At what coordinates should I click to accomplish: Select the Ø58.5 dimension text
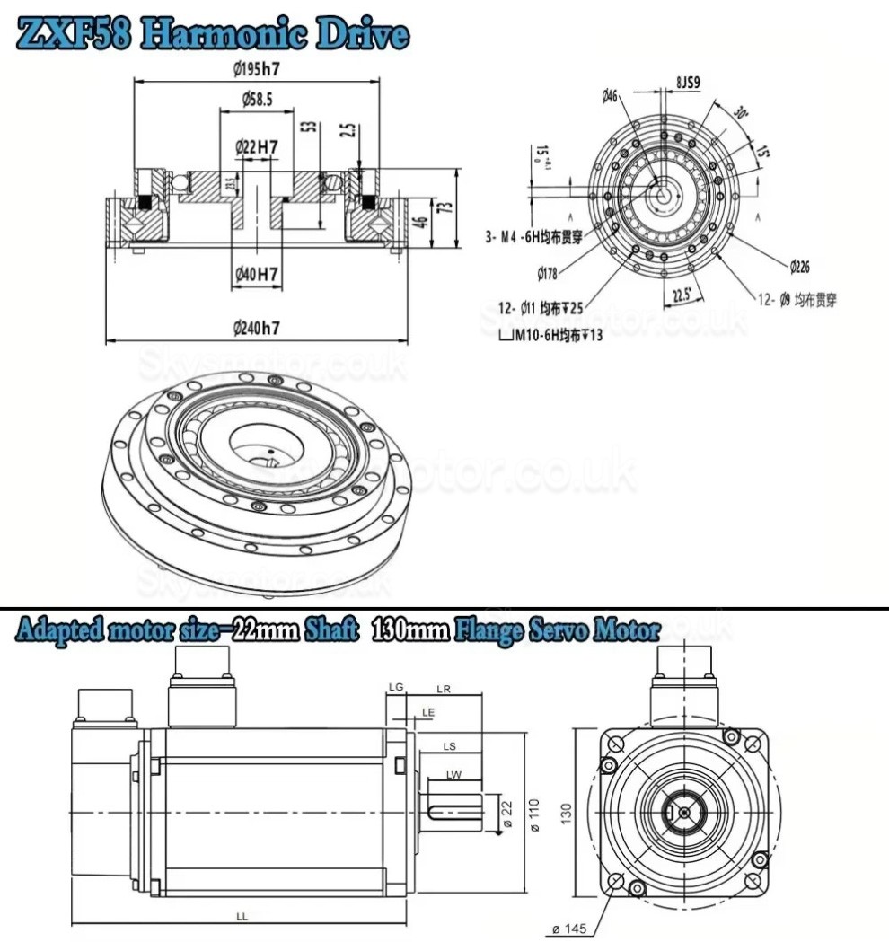(x=258, y=99)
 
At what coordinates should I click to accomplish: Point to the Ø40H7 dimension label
(x=256, y=273)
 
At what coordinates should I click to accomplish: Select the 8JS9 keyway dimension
(x=687, y=83)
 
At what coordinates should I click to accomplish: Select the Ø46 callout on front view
(x=611, y=96)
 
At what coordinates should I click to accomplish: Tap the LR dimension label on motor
(x=443, y=688)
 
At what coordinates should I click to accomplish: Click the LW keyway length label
(x=453, y=774)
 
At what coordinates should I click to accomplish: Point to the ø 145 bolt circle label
(x=571, y=927)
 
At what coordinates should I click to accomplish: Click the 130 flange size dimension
(x=567, y=812)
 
